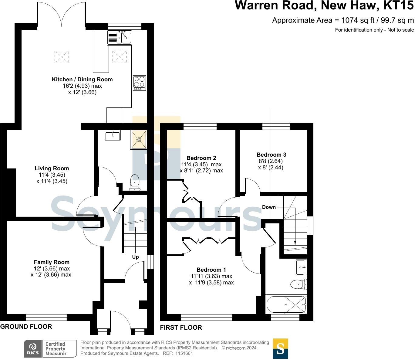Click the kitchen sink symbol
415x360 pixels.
tap(120, 38)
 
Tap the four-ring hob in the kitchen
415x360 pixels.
tap(139, 83)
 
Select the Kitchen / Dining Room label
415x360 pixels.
tap(82, 80)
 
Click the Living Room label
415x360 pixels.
tap(52, 168)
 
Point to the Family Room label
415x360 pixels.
tap(52, 262)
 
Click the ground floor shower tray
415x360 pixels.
tap(139, 140)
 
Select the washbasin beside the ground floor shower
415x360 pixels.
tap(113, 135)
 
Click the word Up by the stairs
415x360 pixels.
tap(135, 257)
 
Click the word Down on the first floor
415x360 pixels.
tap(269, 207)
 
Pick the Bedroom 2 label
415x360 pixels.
tap(201, 158)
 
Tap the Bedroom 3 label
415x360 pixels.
tap(271, 155)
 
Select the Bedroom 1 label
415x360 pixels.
tap(211, 270)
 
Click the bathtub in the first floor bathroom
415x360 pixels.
tap(286, 304)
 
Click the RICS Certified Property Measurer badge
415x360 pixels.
tap(50, 348)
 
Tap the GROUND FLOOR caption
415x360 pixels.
tap(26, 327)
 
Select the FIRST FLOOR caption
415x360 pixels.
tap(181, 328)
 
